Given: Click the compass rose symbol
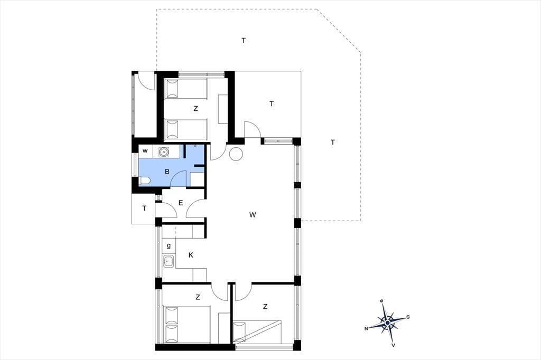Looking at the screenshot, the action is [387, 323].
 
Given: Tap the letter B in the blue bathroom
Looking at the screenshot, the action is [167, 172].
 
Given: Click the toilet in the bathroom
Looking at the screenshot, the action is [145, 181].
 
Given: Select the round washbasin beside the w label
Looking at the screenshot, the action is [163, 151].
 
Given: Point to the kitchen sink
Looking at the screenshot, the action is [169, 261].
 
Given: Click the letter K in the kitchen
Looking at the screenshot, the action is [191, 255].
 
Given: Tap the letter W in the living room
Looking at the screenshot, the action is [253, 215].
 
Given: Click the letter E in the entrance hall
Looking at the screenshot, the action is [181, 203].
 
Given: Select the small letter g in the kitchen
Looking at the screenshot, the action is [169, 246].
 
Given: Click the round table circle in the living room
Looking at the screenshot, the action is [236, 154].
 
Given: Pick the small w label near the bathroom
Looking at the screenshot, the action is [145, 150].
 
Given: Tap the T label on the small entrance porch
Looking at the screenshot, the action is [144, 209].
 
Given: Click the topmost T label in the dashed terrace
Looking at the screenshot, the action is [244, 40].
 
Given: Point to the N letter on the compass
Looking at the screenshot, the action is [366, 329].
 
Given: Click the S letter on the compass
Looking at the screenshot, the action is [408, 317].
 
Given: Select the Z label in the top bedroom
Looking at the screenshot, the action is [195, 108].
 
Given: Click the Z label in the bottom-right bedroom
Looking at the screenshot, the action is [265, 306].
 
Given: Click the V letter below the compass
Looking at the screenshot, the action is [393, 345].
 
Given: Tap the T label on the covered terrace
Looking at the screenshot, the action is [272, 103].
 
